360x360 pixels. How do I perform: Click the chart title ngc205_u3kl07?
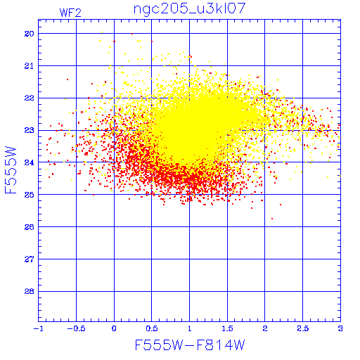pos(189,9)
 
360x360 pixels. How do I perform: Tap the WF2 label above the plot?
pos(70,13)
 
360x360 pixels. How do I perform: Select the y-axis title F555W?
pos(11,170)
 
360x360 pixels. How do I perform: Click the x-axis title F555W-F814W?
pos(190,345)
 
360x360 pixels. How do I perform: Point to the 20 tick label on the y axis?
pos(30,34)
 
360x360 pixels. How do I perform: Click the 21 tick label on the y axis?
pos(30,66)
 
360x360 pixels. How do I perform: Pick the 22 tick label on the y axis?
pos(30,98)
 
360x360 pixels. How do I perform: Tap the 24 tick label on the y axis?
pos(30,162)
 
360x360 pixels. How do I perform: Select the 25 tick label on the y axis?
pos(30,195)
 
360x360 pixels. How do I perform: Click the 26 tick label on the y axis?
pos(30,227)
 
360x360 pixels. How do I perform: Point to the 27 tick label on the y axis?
pos(30,259)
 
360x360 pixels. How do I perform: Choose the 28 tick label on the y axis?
pos(30,292)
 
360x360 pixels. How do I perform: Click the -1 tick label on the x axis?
pos(39,328)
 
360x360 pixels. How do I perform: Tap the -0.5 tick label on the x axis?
pos(76,328)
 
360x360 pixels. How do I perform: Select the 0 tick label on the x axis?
pos(114,328)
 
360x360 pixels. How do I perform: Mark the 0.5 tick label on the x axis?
pos(152,328)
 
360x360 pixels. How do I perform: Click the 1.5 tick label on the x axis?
pos(227,328)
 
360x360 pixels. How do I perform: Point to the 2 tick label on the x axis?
pos(265,328)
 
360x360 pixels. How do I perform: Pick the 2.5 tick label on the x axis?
pos(303,328)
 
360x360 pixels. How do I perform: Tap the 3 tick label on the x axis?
pos(340,328)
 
